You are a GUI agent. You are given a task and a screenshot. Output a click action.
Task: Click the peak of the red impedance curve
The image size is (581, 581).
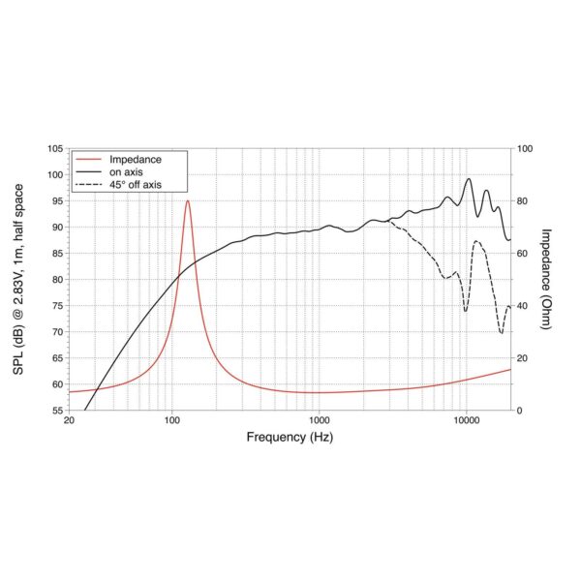click(187, 200)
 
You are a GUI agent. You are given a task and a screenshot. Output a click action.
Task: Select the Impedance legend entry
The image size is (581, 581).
click(135, 159)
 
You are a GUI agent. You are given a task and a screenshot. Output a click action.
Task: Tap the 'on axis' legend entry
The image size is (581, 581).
click(127, 171)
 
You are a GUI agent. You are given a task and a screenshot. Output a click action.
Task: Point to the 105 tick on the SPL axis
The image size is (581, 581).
click(54, 149)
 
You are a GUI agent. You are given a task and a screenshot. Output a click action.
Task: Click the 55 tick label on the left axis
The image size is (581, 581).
click(54, 411)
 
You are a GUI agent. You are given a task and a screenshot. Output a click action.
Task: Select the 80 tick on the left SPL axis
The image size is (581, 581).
click(54, 280)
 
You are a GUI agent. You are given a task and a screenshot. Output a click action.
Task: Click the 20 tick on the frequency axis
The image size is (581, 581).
click(68, 422)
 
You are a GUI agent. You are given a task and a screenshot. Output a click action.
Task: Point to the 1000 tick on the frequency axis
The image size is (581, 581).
click(319, 422)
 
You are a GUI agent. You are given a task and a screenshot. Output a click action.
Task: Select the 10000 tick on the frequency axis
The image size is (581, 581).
click(467, 422)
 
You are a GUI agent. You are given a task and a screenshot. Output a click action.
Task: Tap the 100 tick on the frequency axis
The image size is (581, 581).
click(171, 422)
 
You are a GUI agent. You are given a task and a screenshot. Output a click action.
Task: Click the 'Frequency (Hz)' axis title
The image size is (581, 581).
click(290, 438)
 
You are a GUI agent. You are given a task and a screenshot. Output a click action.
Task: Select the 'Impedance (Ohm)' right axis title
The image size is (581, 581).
click(547, 280)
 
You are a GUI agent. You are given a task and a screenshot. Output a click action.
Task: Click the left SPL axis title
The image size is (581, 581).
click(22, 280)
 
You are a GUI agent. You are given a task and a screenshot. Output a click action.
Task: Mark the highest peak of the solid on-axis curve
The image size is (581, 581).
click(470, 178)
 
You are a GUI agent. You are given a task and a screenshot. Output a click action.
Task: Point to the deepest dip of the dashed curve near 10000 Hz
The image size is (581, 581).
click(466, 311)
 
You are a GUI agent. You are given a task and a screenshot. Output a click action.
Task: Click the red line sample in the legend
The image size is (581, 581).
click(89, 159)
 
